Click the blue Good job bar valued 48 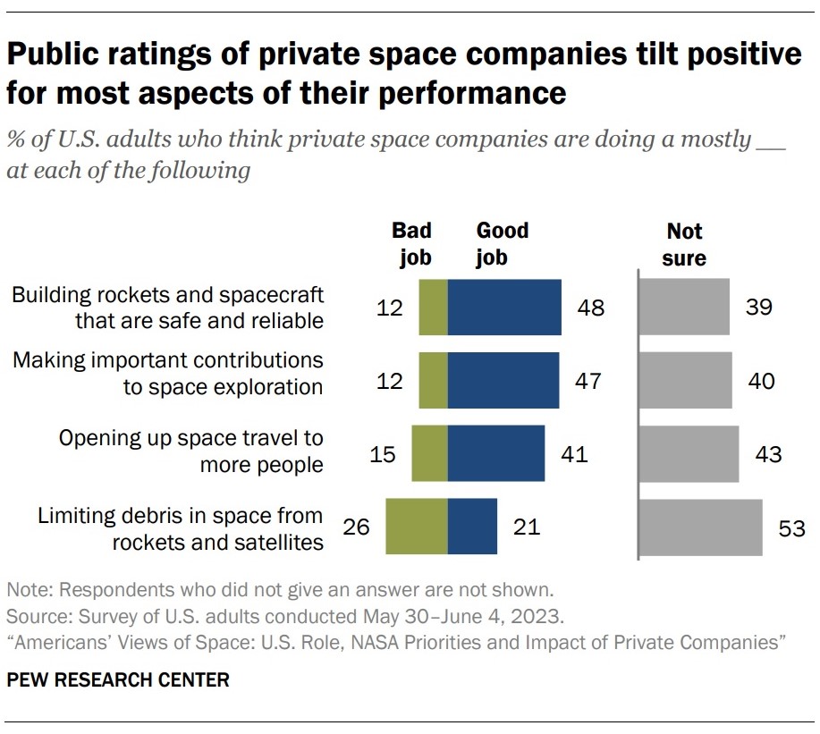click(x=504, y=308)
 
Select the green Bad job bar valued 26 click(x=416, y=527)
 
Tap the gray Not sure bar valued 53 click(x=701, y=527)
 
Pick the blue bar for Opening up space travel click(x=495, y=453)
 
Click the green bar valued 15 click(x=429, y=453)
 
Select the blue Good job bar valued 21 click(x=472, y=527)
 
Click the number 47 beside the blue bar click(x=588, y=382)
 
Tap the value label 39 click(x=758, y=308)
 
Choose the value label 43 click(x=767, y=454)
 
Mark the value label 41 click(x=573, y=454)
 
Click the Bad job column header click(x=411, y=244)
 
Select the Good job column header click(x=502, y=244)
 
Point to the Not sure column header click(x=685, y=244)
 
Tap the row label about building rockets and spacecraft click(x=167, y=308)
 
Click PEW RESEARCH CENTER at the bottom click(x=118, y=680)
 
